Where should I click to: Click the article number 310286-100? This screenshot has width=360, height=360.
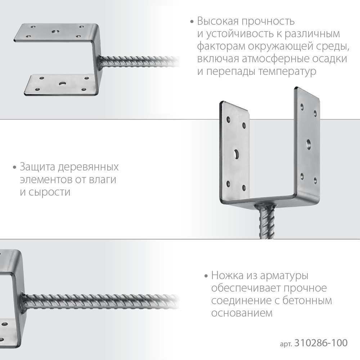pyautogui.click(x=321, y=343)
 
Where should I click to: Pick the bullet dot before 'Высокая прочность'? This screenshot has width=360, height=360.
pyautogui.click(x=192, y=22)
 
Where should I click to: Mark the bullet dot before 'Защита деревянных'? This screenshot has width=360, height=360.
pyautogui.click(x=14, y=168)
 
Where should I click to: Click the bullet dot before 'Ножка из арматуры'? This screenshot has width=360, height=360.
pyautogui.click(x=206, y=277)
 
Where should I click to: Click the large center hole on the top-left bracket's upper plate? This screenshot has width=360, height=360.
pyautogui.click(x=55, y=32)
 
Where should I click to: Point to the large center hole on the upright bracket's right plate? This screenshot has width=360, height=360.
pyautogui.click(x=309, y=143)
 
